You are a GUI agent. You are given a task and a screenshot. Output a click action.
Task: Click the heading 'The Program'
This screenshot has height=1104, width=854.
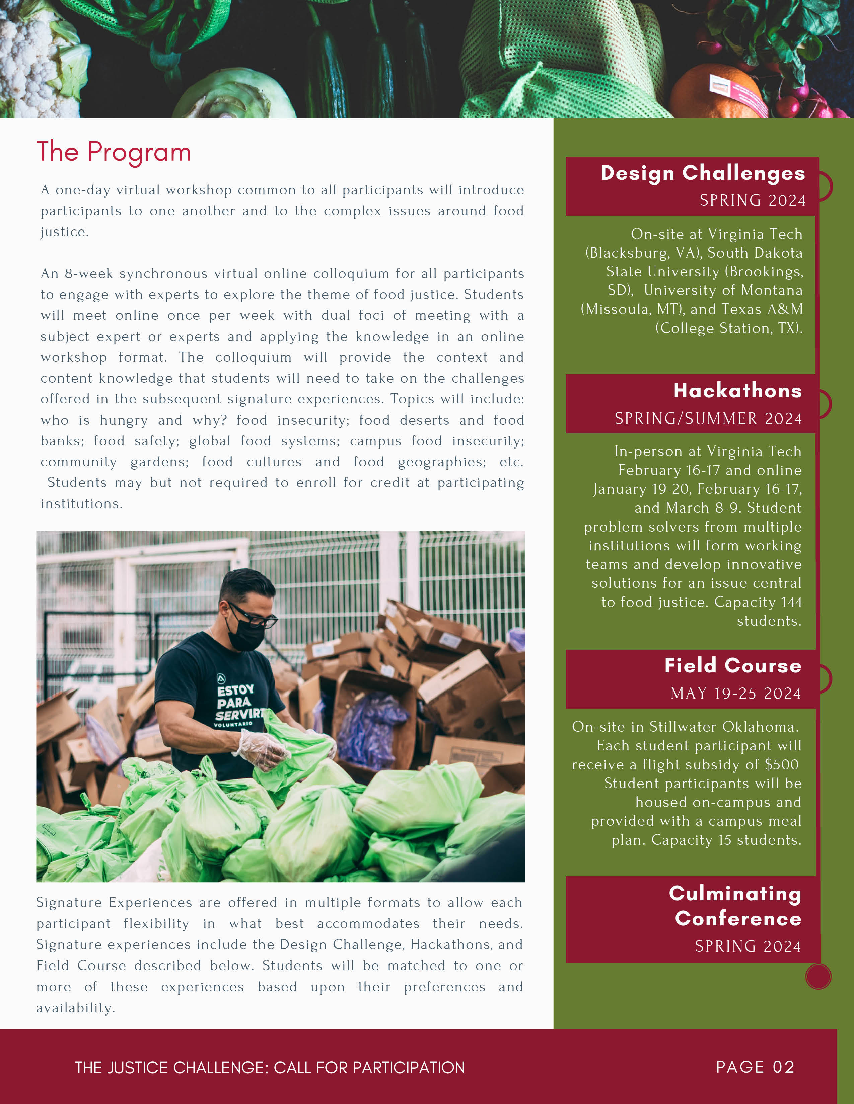pyautogui.click(x=114, y=152)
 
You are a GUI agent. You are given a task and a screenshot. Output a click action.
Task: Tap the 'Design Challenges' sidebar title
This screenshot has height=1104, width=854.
pyautogui.click(x=702, y=173)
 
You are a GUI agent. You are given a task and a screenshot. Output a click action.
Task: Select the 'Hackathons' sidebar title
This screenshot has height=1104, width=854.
pyautogui.click(x=737, y=391)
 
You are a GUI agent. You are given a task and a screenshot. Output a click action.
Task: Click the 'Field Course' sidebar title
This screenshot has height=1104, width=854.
pyautogui.click(x=732, y=666)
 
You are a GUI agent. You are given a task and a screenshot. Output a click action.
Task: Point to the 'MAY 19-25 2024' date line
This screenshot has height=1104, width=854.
pyautogui.click(x=736, y=693)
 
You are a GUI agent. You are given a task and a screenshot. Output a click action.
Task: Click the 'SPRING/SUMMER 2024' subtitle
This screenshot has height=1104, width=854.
pyautogui.click(x=708, y=419)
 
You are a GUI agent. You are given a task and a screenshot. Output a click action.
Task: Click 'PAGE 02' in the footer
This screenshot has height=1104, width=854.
pyautogui.click(x=755, y=1067)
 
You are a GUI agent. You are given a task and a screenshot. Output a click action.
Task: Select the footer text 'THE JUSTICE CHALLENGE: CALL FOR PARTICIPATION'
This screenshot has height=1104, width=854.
pyautogui.click(x=270, y=1067)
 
